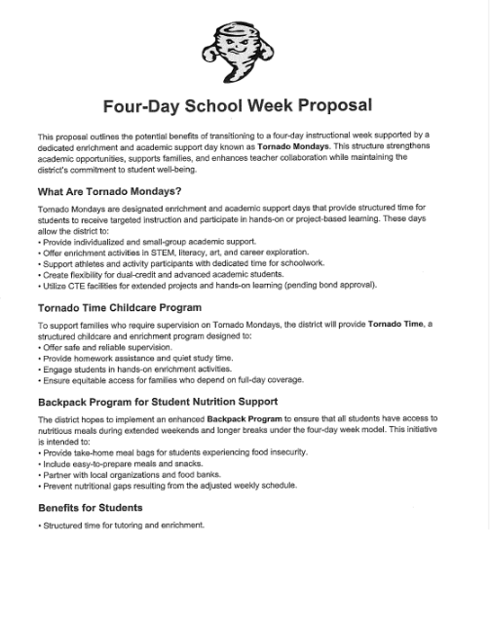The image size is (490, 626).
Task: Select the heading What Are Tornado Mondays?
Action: [109, 191]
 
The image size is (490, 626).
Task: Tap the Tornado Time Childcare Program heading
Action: [120, 307]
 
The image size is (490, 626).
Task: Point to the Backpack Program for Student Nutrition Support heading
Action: [158, 402]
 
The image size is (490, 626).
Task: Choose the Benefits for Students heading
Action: [90, 508]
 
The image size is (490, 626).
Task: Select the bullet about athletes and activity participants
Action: [188, 263]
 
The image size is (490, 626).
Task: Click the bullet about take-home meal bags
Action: [175, 452]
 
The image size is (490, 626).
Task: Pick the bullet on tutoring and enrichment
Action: [124, 526]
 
